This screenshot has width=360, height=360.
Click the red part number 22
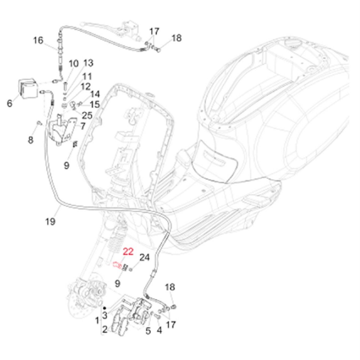[128, 252]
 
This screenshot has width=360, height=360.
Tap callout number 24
[145, 258]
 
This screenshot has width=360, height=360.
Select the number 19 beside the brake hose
[50, 221]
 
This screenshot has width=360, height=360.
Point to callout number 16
[38, 40]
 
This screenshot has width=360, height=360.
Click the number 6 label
[10, 103]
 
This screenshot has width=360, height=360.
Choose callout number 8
[31, 140]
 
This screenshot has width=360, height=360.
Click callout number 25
[87, 115]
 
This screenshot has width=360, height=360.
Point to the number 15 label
[95, 105]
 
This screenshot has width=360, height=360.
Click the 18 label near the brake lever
[176, 38]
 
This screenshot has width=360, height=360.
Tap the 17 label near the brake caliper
[171, 324]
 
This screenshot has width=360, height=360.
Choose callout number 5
[148, 331]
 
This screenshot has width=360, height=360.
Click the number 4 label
[159, 330]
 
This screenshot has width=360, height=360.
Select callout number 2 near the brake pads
[105, 329]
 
